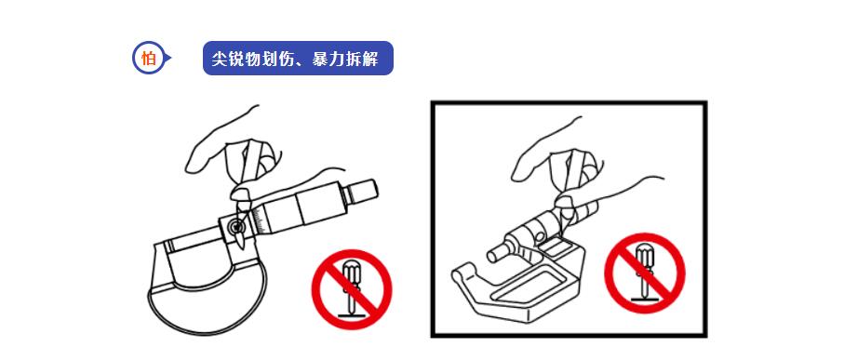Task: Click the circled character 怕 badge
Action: click(148, 59)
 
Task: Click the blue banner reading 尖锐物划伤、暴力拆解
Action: click(298, 59)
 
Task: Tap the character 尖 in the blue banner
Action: click(221, 59)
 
